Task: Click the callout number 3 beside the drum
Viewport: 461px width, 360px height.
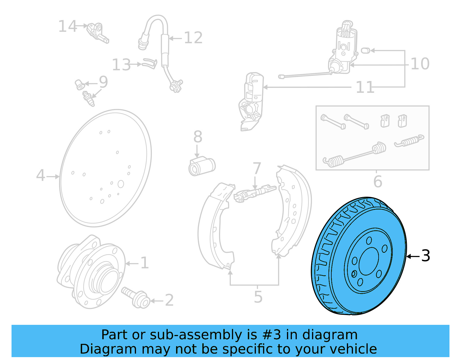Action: point(426,256)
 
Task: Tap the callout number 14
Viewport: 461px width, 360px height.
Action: point(67,27)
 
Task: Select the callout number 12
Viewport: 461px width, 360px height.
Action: point(193,38)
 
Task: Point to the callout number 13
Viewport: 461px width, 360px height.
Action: point(121,65)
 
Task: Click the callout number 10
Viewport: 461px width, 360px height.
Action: point(420,64)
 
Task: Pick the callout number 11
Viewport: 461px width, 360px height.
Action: point(365,87)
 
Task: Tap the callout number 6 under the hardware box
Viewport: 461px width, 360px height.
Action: point(377,182)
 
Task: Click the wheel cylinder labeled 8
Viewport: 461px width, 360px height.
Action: point(202,167)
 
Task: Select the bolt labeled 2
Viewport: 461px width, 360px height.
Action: point(135,297)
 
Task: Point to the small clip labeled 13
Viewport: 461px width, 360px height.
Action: point(150,63)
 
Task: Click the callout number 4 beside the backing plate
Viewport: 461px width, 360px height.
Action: point(40,176)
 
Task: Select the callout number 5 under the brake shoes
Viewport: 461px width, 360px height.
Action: point(258,297)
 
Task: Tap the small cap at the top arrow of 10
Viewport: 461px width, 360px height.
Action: point(365,51)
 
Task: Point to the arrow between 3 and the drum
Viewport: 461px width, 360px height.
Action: point(413,256)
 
